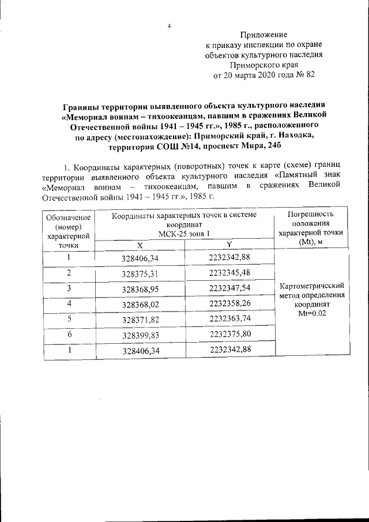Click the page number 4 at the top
[169, 25]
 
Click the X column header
[140, 245]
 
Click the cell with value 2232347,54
[229, 287]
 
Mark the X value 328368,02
[140, 303]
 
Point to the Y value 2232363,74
[229, 318]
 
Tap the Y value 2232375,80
[229, 333]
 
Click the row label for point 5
[69, 318]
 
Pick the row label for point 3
[69, 287]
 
